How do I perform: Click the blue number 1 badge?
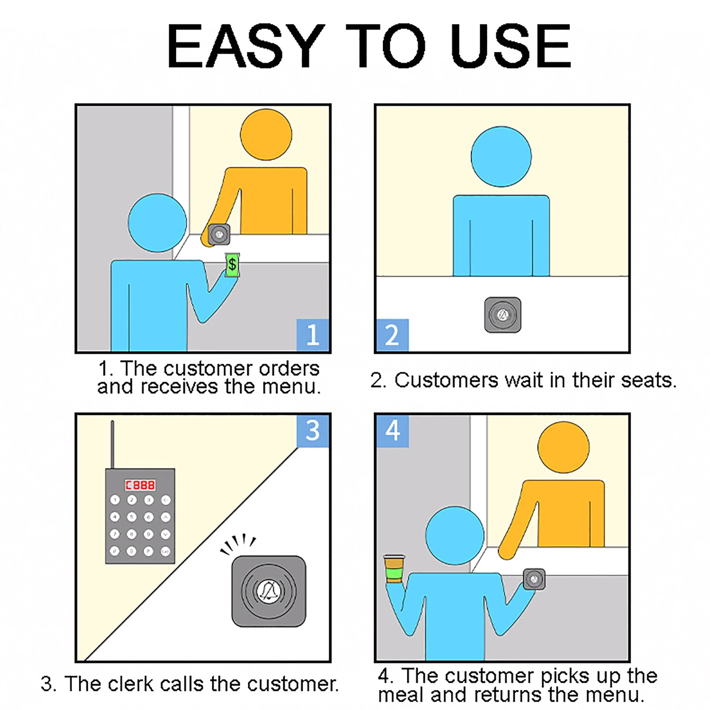tap(313, 335)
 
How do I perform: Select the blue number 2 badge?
tap(392, 335)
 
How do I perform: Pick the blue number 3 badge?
tap(313, 431)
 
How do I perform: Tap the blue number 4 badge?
tap(392, 431)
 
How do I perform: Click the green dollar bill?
tap(232, 265)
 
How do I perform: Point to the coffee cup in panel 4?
tap(394, 568)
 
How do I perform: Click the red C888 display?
tap(140, 485)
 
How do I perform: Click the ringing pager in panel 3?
tap(269, 591)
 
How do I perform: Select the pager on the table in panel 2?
tap(503, 315)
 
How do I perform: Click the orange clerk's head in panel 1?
tap(266, 134)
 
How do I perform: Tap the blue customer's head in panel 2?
tap(501, 157)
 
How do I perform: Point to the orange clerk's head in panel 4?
tap(564, 447)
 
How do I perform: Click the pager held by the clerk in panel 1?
tap(219, 234)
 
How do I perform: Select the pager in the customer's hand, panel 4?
tap(534, 579)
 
